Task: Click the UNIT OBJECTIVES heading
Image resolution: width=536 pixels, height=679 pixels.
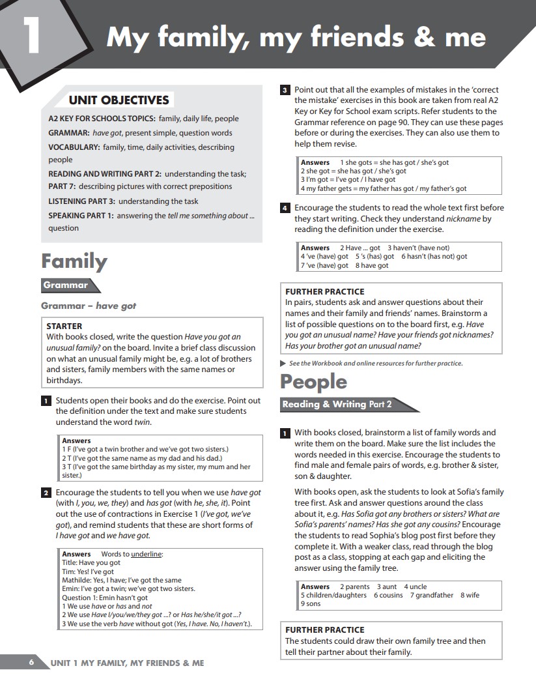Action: [119, 100]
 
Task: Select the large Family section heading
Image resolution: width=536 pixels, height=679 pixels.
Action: [74, 261]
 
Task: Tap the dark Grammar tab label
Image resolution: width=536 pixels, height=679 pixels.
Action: [66, 285]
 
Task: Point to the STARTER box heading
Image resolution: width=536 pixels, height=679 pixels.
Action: [64, 326]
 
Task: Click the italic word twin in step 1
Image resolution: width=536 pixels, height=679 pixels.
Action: [142, 422]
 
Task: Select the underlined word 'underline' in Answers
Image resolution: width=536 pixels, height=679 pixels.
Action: [146, 554]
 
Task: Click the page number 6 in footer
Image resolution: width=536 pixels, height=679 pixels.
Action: [31, 663]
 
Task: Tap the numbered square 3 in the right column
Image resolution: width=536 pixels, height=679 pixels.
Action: [285, 90]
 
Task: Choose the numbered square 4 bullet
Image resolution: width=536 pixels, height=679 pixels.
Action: [285, 209]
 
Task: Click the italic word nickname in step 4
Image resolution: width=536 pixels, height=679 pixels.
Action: [464, 219]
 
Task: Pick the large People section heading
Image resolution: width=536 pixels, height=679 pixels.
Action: [313, 381]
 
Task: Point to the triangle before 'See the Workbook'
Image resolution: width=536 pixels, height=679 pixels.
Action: [282, 363]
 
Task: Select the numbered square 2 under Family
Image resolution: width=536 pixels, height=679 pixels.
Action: [46, 493]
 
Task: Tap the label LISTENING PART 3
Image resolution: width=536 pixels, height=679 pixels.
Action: [81, 201]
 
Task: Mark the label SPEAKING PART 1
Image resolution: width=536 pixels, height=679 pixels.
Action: [81, 215]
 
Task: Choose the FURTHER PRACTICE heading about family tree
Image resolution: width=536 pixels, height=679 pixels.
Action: [324, 629]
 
